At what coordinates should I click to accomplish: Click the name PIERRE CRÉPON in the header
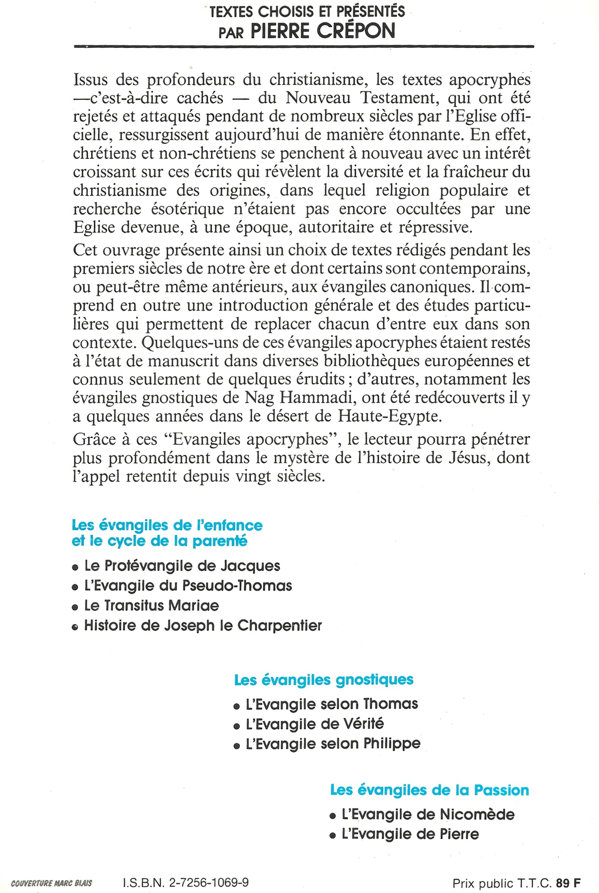[x=323, y=31]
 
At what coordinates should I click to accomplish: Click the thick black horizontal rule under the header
[x=304, y=46]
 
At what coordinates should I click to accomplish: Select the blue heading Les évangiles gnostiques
[x=324, y=680]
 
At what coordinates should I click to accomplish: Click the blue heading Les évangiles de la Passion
[x=429, y=787]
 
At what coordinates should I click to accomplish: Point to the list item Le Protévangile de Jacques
[x=182, y=566]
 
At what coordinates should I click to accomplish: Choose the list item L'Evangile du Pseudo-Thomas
[x=188, y=586]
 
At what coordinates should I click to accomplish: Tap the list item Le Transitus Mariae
[x=152, y=606]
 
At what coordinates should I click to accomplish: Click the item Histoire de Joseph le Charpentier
[x=203, y=625]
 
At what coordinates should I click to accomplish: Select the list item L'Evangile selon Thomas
[x=332, y=704]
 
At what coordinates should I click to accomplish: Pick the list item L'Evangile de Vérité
[x=315, y=724]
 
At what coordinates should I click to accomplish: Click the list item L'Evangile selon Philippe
[x=333, y=744]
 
